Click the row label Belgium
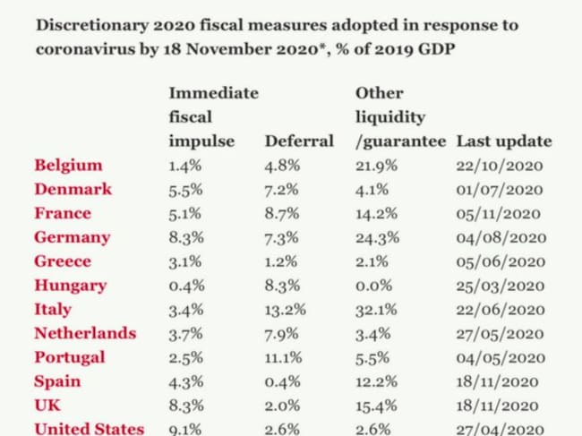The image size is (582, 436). pos(68,166)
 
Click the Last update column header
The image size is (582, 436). pos(504,141)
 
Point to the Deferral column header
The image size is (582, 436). pos(299,141)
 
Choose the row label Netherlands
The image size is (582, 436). pos(85,334)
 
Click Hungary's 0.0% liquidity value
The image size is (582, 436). pos(373,286)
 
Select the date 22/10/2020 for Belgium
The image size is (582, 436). pos(501,166)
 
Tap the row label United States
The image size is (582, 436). pos(89,429)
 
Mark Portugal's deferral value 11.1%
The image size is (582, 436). pos(285,357)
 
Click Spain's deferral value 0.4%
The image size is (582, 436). pos(282,381)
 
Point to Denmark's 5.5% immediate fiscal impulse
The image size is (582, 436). pos(186,190)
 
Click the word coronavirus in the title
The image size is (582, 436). pos(76,49)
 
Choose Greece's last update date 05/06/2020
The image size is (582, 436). pos(501,262)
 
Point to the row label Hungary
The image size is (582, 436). pos(70,286)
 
